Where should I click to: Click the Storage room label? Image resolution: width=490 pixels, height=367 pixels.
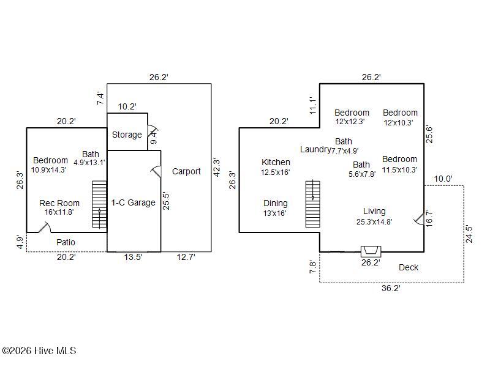pyautogui.click(x=127, y=135)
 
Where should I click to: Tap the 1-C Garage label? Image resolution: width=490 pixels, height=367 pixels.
pyautogui.click(x=133, y=202)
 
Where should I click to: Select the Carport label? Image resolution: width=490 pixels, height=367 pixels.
pyautogui.click(x=186, y=171)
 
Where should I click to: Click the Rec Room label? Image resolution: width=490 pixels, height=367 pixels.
pyautogui.click(x=59, y=203)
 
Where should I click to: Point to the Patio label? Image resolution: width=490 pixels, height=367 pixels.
pyautogui.click(x=66, y=242)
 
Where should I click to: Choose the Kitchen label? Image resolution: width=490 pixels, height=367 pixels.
pyautogui.click(x=276, y=162)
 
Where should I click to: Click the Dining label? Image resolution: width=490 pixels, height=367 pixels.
pyautogui.click(x=276, y=203)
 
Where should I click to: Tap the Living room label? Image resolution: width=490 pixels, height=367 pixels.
pyautogui.click(x=374, y=211)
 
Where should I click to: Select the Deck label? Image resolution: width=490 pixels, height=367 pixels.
pyautogui.click(x=409, y=267)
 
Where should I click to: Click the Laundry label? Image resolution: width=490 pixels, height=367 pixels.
pyautogui.click(x=315, y=149)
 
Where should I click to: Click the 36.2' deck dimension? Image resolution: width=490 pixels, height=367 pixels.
pyautogui.click(x=391, y=288)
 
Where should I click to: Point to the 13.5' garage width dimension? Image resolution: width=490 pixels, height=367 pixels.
pyautogui.click(x=134, y=258)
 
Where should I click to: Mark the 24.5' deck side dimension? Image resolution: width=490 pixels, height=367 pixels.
pyautogui.click(x=469, y=234)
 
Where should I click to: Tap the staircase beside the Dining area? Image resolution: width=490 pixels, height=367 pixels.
pyautogui.click(x=313, y=204)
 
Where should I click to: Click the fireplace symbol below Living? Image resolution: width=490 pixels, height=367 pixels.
pyautogui.click(x=371, y=250)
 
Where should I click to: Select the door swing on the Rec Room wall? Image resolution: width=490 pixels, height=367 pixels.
pyautogui.click(x=44, y=228)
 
